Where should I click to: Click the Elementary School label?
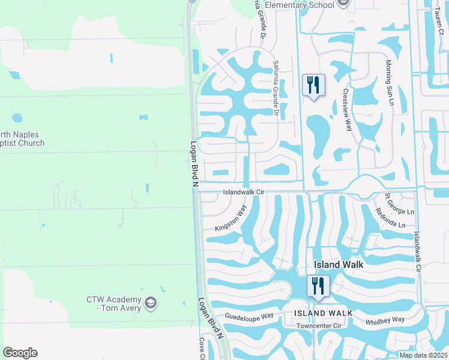[299, 5]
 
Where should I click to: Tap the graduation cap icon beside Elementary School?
[343, 4]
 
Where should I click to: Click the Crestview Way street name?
[346, 110]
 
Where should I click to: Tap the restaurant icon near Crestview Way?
[313, 85]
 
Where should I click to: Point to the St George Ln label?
[399, 204]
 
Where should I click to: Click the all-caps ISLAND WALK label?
[318, 313]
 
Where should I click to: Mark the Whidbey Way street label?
[385, 322]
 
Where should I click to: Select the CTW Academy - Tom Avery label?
[113, 304]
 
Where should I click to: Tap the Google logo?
[20, 353]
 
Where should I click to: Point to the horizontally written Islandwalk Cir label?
[244, 193]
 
